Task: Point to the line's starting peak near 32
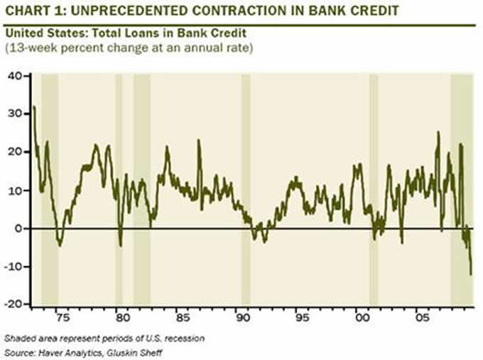(x=34, y=107)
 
